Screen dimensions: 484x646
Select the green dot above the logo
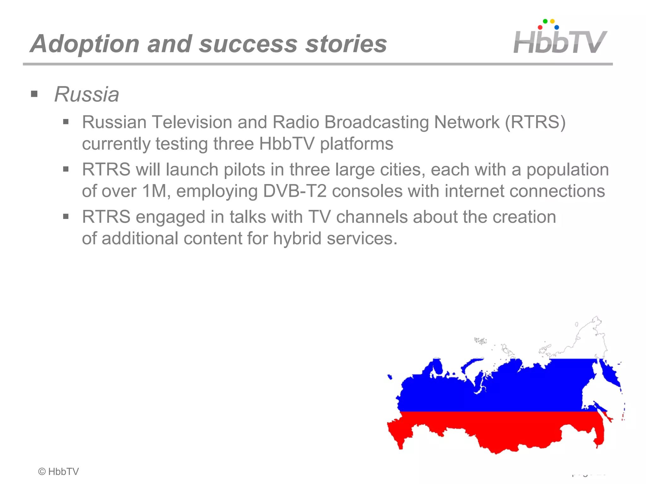coord(545,21)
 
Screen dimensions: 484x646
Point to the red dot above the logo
coord(540,27)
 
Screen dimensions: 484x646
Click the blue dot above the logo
coord(557,27)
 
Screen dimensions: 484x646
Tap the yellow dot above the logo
coord(552,21)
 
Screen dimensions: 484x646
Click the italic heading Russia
coord(86,94)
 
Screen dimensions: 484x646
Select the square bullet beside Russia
coord(34,94)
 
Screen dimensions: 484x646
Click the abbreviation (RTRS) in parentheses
coord(535,122)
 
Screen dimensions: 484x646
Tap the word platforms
coord(356,144)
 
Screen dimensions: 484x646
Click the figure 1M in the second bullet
coord(154,191)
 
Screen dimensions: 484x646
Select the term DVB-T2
coord(295,191)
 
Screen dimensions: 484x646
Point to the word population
coord(567,170)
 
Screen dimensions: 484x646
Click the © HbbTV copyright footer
coord(58,471)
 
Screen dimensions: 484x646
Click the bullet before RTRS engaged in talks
coord(66,216)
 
